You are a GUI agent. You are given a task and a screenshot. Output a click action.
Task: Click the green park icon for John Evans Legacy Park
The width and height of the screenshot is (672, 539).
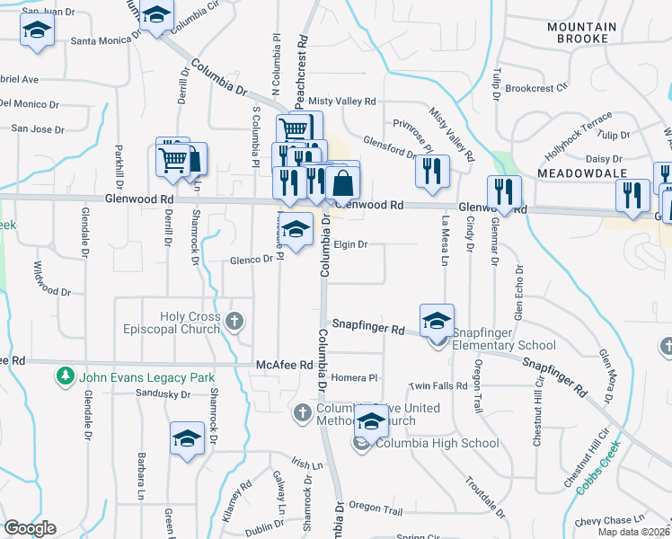64,375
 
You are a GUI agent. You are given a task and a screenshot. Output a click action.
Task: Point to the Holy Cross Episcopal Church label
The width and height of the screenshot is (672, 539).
190,323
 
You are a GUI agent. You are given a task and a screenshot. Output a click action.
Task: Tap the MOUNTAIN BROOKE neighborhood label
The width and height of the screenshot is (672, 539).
581,33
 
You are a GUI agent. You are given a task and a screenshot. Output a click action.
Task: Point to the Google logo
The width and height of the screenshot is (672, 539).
30,528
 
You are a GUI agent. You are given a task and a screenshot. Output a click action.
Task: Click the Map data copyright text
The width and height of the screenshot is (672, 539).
633,532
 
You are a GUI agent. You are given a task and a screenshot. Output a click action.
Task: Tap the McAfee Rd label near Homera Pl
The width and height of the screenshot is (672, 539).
283,366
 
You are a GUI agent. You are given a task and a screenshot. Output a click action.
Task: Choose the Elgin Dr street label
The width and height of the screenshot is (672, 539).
350,244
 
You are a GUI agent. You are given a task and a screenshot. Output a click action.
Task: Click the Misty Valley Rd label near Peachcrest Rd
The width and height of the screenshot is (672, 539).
342,102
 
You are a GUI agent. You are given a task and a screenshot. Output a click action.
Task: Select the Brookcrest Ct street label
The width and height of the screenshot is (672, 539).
537,88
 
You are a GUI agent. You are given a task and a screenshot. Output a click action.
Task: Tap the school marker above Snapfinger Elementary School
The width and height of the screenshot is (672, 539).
437,320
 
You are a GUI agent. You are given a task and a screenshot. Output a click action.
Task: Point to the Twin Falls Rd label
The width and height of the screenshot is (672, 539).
438,385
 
